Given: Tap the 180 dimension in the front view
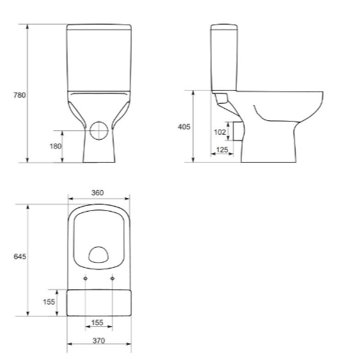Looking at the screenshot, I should [x=55, y=146].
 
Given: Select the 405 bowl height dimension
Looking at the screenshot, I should [x=184, y=127].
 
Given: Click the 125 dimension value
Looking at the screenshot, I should [x=222, y=149].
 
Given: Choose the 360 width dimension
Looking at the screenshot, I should [x=98, y=192].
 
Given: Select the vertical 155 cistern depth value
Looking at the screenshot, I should [x=49, y=302].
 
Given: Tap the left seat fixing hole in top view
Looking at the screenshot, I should [x=86, y=279].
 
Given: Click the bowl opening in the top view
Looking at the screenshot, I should [x=99, y=252].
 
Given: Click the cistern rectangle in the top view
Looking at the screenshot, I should [x=99, y=302].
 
